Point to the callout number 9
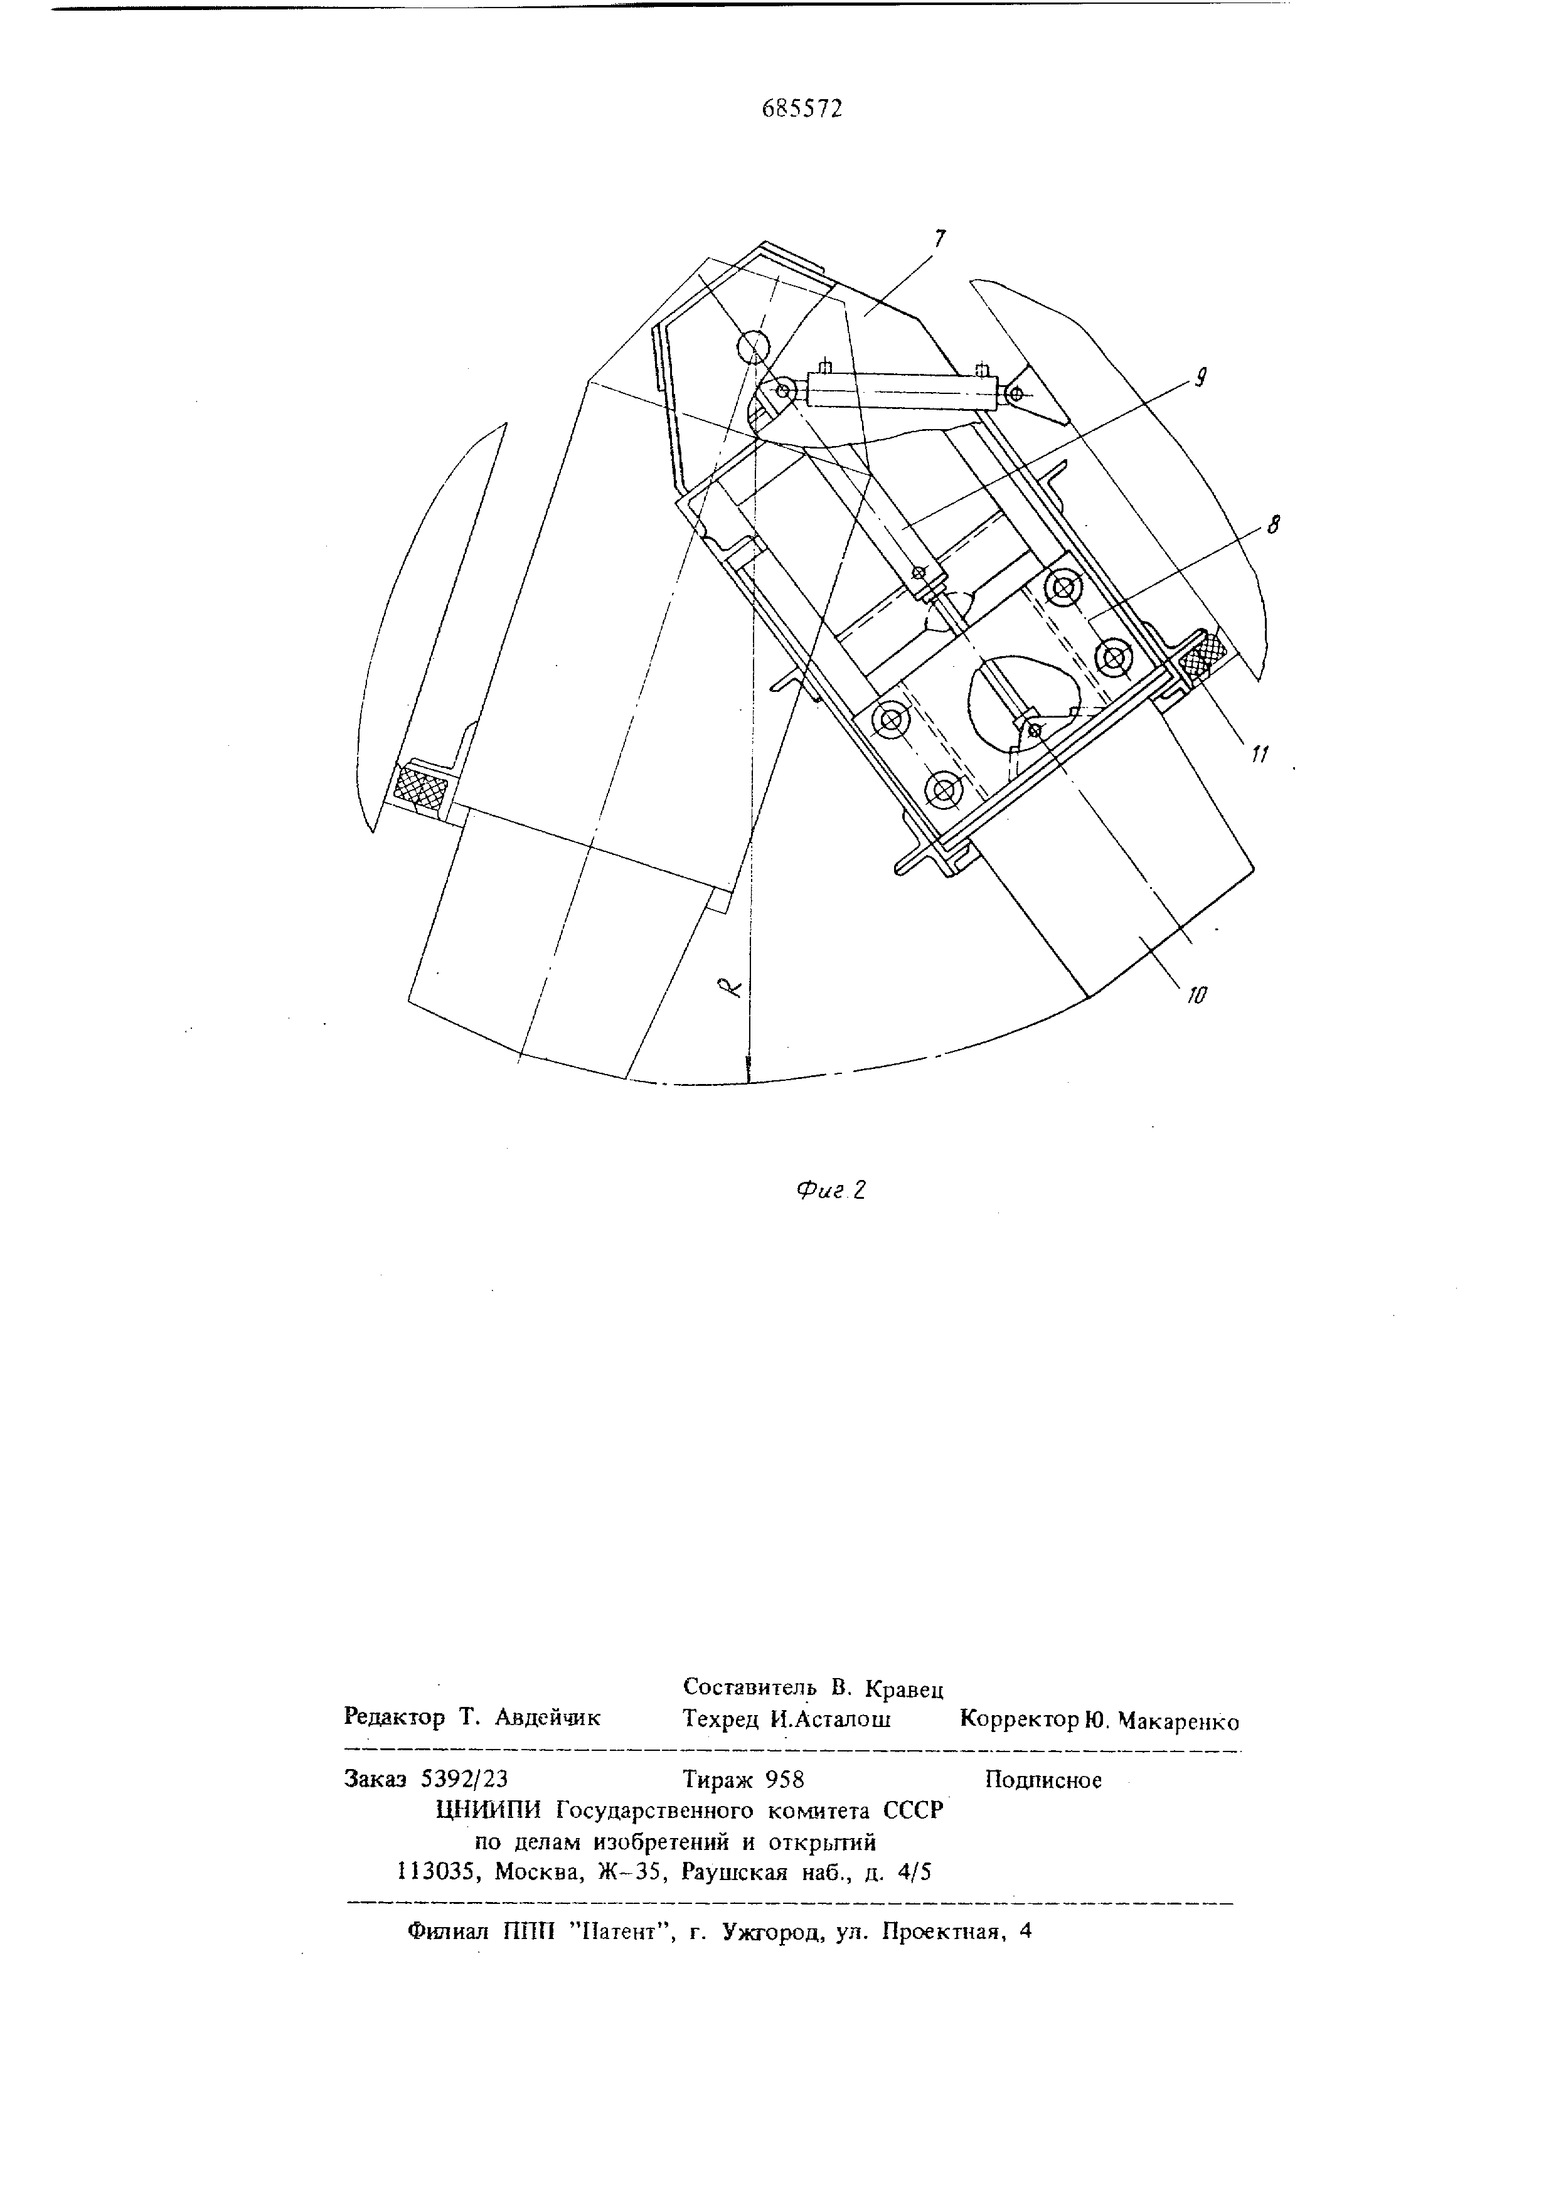tap(1198, 378)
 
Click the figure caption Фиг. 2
tap(831, 1190)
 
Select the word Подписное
tap(1043, 1780)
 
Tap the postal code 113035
tap(437, 1873)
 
